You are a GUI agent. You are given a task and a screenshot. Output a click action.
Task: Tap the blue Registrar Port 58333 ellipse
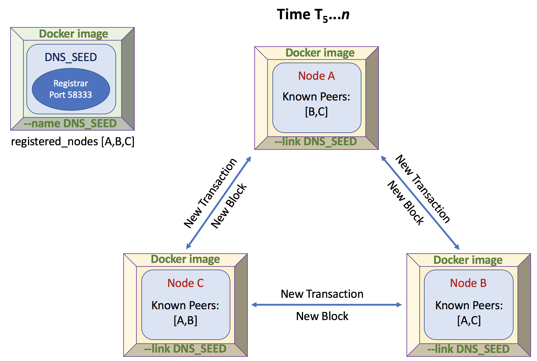point(71,89)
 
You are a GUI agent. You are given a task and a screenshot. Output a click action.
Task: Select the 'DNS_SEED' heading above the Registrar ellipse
point(71,57)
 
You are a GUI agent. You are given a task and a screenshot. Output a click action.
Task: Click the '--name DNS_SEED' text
point(70,124)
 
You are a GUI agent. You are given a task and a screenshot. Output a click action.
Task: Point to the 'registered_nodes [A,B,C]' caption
point(72,141)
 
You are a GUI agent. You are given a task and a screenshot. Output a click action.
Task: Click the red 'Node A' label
point(316,76)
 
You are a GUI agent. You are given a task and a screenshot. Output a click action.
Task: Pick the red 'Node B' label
point(468,283)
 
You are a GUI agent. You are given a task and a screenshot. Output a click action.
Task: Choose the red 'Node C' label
point(186,283)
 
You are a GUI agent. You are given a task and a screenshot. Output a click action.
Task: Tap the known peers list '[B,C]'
point(316,112)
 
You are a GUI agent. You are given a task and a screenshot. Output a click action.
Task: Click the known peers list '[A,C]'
point(469,320)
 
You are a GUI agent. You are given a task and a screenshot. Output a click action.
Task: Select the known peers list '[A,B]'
point(186,320)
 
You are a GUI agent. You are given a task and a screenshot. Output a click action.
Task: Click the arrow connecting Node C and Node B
point(327,305)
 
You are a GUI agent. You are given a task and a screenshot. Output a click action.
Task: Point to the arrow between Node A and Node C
point(219,202)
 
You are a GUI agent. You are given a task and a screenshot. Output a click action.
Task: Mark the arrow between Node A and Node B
point(420,202)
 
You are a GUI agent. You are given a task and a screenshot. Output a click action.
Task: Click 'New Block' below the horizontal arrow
point(322,316)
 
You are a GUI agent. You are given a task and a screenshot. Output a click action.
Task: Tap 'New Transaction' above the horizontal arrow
point(322,294)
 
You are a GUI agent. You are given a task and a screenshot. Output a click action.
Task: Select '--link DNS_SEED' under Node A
point(315,142)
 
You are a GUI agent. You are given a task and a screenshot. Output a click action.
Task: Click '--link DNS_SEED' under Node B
point(468,349)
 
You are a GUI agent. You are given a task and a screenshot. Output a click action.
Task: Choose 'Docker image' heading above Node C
point(185,259)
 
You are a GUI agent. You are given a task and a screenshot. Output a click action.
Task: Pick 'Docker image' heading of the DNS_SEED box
point(73,34)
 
